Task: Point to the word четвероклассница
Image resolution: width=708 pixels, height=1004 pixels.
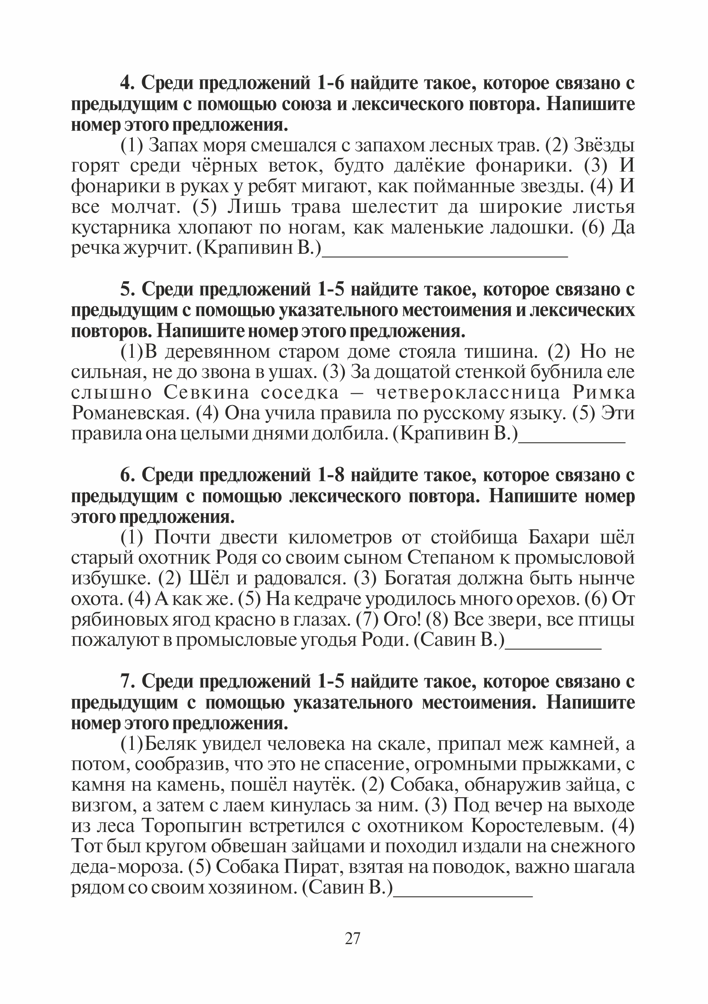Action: pos(468,393)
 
